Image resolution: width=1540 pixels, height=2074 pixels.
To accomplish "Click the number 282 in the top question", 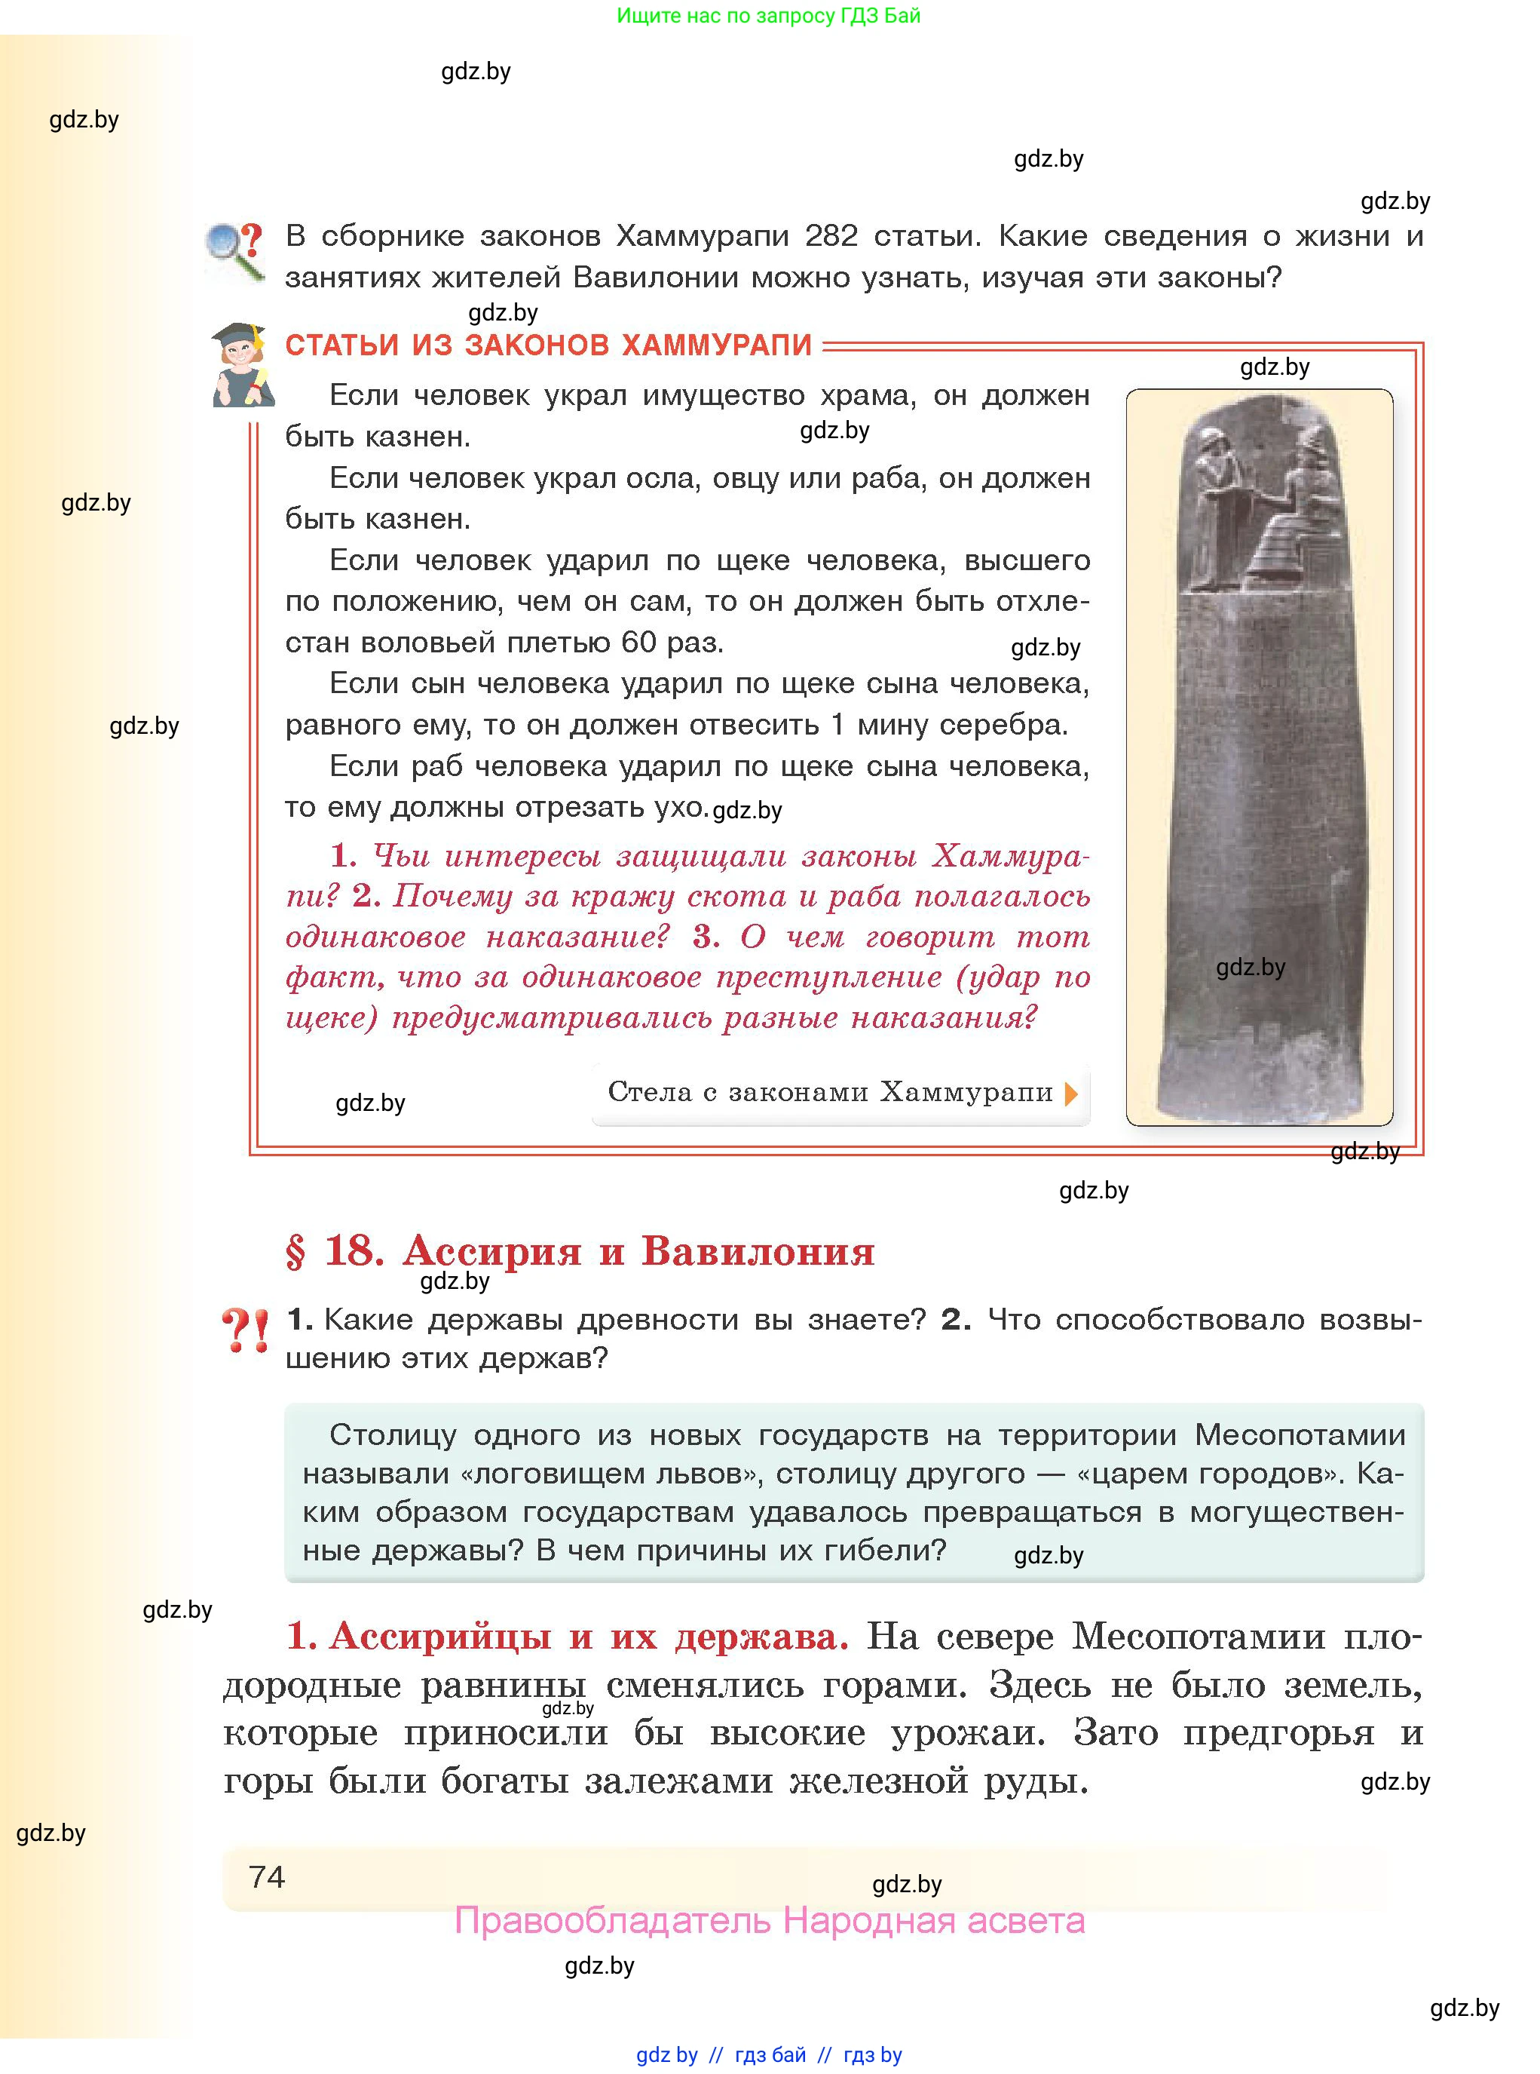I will click(831, 236).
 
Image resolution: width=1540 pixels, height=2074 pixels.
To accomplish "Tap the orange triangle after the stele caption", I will click(1071, 1093).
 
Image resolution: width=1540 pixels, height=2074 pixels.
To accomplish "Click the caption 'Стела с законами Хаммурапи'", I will click(830, 1092).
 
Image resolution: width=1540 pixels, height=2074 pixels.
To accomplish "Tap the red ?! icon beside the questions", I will click(245, 1331).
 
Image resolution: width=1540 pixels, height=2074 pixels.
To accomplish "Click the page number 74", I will click(267, 1876).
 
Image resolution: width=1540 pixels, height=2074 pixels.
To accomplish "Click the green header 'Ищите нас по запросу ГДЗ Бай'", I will click(768, 16).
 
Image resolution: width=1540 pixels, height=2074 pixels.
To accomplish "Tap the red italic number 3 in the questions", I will click(705, 936).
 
